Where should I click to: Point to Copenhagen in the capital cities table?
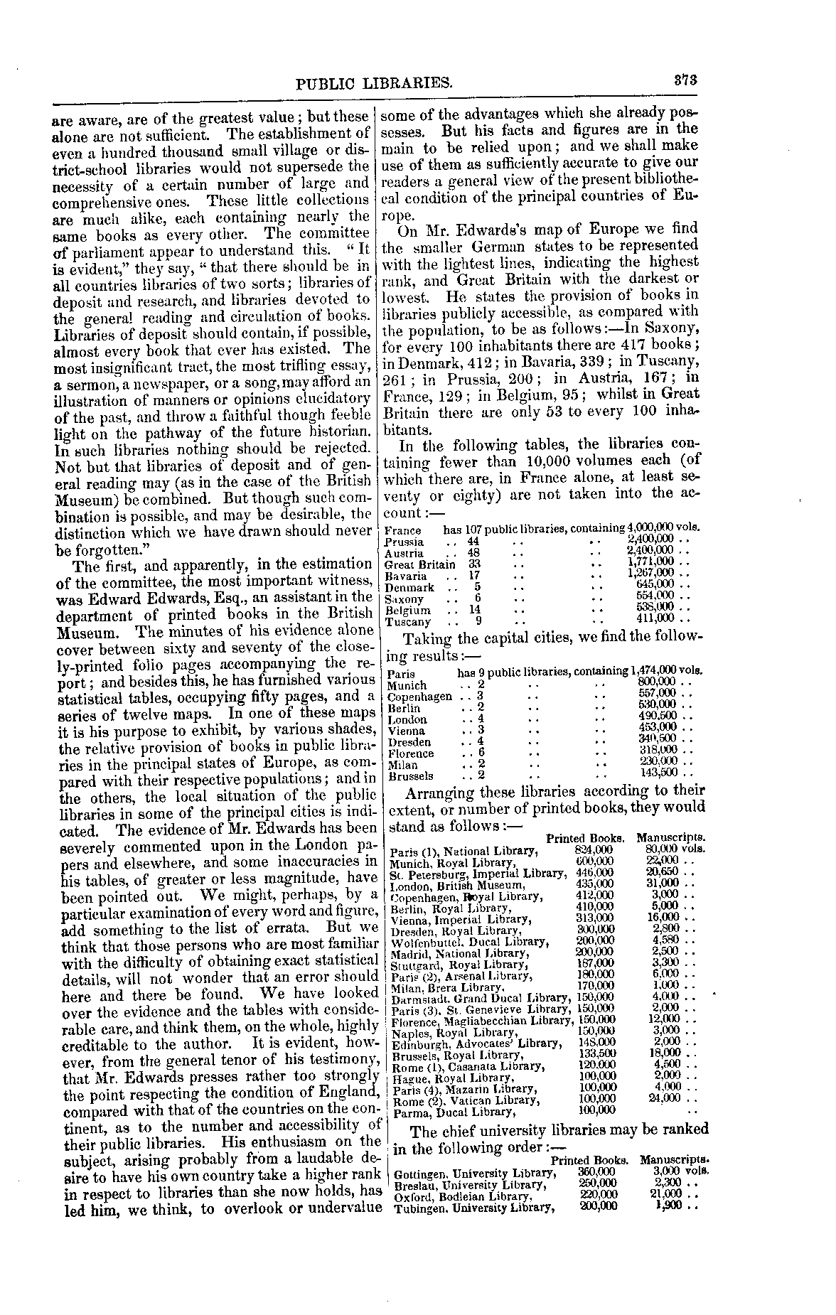click(x=420, y=696)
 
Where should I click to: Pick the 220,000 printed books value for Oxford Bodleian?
click(x=599, y=1196)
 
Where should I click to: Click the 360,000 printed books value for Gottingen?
click(x=599, y=1173)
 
